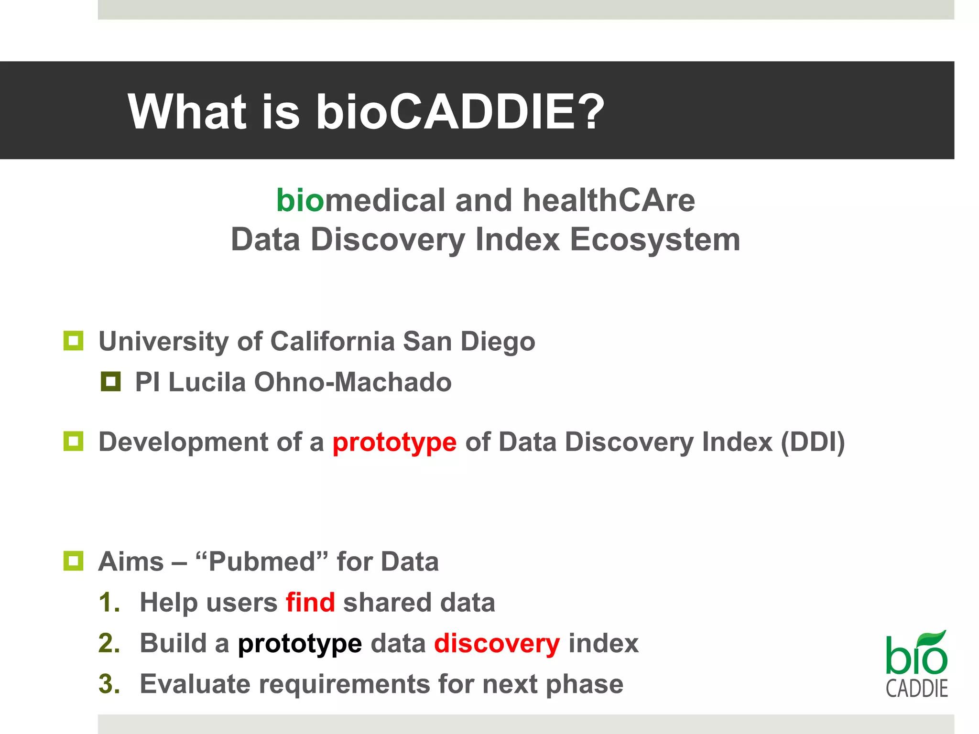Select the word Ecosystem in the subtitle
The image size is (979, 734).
655,239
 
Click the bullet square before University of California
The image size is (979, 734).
73,341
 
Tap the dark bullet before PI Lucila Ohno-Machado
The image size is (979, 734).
110,381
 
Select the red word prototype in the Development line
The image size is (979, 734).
394,442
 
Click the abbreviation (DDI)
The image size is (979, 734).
813,442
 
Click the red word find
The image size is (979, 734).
310,602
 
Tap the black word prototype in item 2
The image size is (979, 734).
300,644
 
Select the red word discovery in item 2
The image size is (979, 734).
497,643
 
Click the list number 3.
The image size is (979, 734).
109,684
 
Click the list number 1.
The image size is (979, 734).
109,602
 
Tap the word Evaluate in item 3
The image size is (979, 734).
195,684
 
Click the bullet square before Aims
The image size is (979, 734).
73,561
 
